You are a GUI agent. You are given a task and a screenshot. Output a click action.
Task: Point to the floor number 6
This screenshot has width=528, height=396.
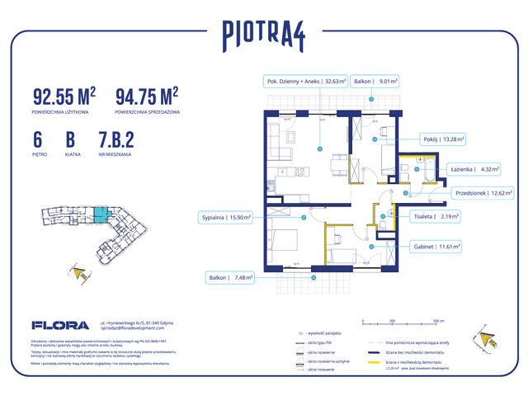38,139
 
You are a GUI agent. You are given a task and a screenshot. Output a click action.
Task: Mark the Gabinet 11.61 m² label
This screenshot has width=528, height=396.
436,246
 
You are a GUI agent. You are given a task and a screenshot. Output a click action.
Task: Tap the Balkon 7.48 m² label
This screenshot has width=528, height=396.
230,278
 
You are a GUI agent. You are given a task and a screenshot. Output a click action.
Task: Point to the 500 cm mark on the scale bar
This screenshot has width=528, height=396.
438,320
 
